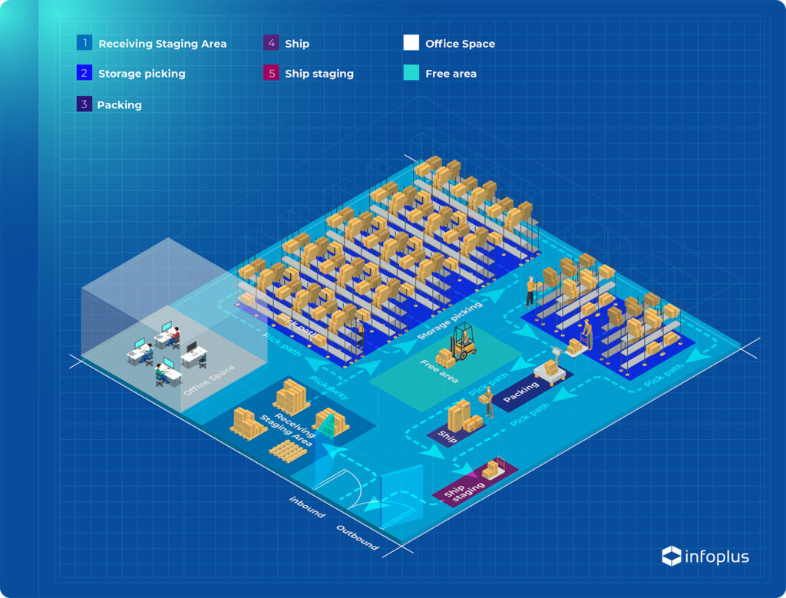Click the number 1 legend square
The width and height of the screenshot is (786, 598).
(x=84, y=43)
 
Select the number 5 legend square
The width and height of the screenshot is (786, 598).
(x=271, y=73)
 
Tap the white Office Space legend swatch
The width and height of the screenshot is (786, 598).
(x=411, y=43)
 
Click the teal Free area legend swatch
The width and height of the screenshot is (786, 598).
(x=411, y=73)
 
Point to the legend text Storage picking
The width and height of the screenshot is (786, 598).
(x=142, y=74)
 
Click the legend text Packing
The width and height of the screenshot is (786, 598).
(x=119, y=104)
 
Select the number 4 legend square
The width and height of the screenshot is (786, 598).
(x=271, y=43)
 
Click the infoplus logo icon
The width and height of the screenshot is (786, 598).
(x=671, y=556)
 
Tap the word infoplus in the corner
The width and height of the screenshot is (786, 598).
(x=717, y=557)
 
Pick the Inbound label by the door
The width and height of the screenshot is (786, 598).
(x=307, y=507)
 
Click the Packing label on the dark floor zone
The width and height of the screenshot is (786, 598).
(x=521, y=392)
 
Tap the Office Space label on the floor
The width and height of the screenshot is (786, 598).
(x=209, y=380)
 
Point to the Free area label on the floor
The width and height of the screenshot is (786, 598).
(x=439, y=372)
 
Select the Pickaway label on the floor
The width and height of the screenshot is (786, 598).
(x=329, y=388)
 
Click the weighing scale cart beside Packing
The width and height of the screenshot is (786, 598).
(x=551, y=366)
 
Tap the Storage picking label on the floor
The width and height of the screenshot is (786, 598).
(x=450, y=320)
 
